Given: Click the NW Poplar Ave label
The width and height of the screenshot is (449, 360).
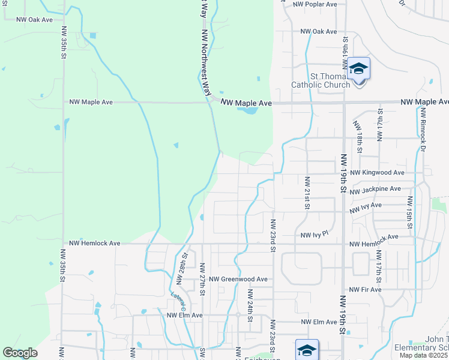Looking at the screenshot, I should (x=315, y=4).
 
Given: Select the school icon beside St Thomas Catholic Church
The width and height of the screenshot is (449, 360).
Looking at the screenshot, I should (x=359, y=70).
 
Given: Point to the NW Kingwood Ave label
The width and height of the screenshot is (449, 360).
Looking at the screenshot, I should (x=377, y=173).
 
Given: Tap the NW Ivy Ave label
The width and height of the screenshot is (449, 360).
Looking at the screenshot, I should (x=366, y=205).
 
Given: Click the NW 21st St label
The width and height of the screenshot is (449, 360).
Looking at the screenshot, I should (x=307, y=193).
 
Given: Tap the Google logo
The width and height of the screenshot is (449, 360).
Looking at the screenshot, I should (x=20, y=353).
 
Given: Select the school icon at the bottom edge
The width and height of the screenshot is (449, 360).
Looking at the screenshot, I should (x=307, y=350).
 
